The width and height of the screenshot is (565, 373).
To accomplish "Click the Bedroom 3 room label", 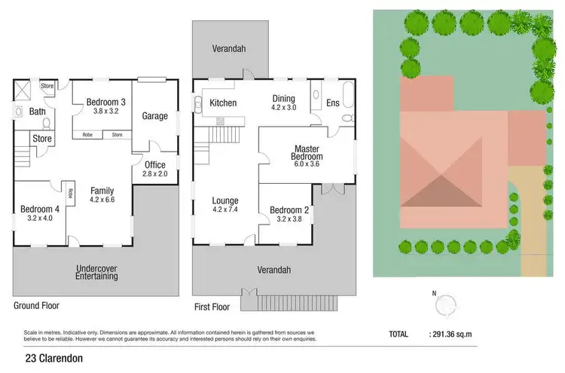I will coord(105,102).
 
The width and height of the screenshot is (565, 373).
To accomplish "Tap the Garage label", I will coord(155,116).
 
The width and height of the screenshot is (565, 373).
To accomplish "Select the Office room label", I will coord(154,165).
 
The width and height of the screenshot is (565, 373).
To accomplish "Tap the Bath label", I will coord(38,112).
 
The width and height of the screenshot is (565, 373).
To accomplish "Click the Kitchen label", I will coord(223,103).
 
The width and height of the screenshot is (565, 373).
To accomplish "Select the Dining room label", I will coord(284,98).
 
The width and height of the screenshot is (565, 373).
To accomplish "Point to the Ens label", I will coord(332,103).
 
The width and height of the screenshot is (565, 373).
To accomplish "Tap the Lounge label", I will coord(225,200).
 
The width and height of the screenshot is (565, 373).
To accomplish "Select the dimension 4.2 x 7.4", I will coord(225,210).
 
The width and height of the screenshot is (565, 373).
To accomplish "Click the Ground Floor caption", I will coord(36,306).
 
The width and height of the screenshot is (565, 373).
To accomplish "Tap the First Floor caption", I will coord(212,307).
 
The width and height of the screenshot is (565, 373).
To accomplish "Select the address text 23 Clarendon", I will coord(53,359).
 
